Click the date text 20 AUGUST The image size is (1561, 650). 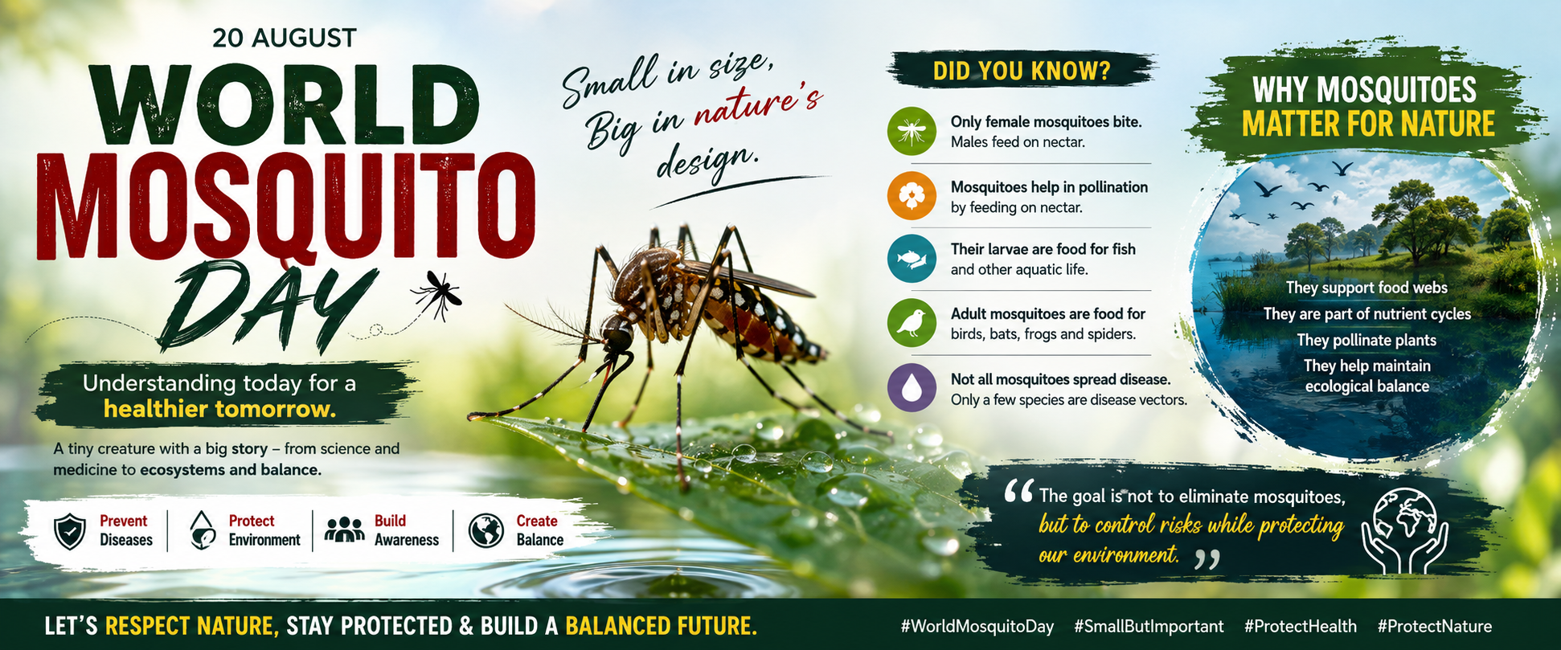[284, 38]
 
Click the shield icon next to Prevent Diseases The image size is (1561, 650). [70, 531]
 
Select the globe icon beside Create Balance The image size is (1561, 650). [486, 531]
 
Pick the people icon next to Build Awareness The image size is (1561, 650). [345, 529]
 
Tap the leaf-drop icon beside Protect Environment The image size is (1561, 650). [203, 530]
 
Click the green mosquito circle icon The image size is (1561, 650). [912, 131]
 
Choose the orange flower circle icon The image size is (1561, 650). [912, 195]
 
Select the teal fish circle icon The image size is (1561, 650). [912, 259]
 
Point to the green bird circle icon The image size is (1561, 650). [912, 323]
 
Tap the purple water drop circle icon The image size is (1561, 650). [912, 388]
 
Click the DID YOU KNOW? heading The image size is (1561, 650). [1022, 72]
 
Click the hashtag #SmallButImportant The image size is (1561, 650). [1149, 626]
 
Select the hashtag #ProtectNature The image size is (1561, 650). [1434, 626]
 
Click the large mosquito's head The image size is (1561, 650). [617, 336]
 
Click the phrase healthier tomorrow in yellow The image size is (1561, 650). [219, 409]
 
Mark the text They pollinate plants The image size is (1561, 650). [1366, 340]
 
